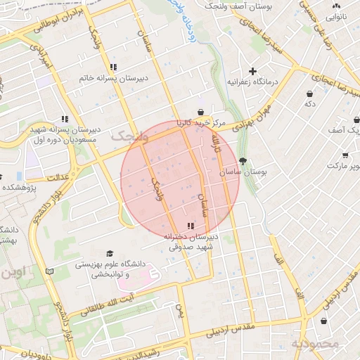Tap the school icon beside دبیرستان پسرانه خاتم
[113, 67]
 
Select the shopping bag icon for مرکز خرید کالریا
[201, 112]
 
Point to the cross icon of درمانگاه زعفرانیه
[253, 71]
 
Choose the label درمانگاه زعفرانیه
[253, 82]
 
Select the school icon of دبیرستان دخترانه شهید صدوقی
[191, 226]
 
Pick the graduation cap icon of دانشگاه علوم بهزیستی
[109, 253]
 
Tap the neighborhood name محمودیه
[316, 344]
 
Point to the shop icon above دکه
[309, 94]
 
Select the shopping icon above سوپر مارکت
[345, 155]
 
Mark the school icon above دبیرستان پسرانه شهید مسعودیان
[65, 119]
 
